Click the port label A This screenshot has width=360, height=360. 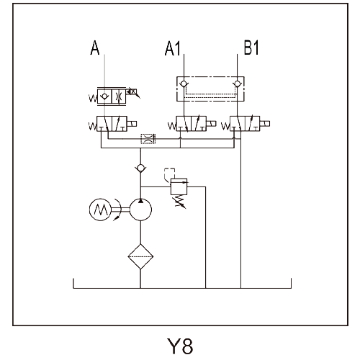95,48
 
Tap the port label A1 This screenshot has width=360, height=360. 173,48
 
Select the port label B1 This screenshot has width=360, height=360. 251,48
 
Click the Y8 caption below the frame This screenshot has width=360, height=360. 180,346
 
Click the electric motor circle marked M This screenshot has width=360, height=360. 100,210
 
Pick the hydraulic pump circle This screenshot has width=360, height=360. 140,210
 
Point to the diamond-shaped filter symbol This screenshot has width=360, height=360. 140,256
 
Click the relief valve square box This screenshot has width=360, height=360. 179,186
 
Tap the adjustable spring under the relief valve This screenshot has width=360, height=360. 179,202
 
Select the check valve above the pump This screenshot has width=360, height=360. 140,168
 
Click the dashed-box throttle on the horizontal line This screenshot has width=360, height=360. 148,139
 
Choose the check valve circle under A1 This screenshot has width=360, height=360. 184,84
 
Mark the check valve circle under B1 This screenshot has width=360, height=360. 237,84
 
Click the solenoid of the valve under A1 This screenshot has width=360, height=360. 211,124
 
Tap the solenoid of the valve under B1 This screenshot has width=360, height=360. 265,124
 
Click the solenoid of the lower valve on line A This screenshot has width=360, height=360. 132,124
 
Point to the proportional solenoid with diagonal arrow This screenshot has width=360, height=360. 132,92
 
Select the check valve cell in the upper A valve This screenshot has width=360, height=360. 104,96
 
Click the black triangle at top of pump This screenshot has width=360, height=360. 140,201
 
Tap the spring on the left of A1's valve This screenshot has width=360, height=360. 172,126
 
